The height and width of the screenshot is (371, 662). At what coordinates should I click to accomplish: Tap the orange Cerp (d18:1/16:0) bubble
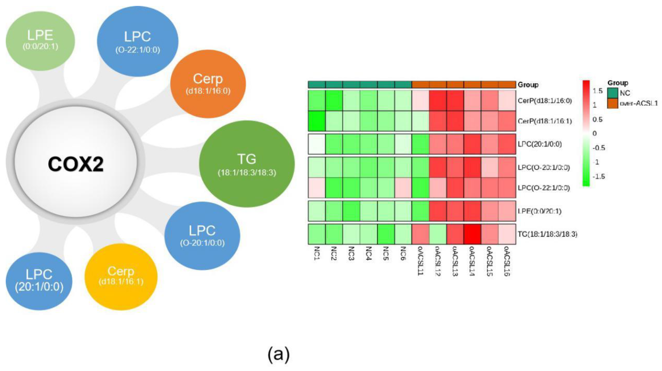208,84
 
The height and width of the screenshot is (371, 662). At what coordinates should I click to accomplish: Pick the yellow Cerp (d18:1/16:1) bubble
121,277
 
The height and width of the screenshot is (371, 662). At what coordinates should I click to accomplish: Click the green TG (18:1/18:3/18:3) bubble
247,164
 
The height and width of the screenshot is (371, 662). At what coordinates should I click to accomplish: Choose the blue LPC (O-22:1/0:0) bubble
137,41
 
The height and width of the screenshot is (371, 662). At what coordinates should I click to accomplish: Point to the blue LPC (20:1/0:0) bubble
39,281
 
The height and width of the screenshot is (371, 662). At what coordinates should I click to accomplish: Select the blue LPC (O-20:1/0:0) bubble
202,235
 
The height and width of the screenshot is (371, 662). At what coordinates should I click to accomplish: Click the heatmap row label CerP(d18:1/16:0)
545,101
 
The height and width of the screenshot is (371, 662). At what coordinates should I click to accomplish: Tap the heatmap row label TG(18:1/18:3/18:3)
547,234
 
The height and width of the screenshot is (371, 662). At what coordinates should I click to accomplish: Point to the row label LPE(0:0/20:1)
539,211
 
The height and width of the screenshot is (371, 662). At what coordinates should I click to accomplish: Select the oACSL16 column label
507,261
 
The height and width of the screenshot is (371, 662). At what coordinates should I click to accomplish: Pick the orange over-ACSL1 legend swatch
613,103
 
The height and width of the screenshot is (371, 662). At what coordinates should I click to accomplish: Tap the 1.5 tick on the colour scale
597,91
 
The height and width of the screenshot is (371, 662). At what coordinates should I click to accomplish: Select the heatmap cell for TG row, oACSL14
472,234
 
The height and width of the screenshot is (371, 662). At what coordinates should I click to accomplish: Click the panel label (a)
279,355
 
